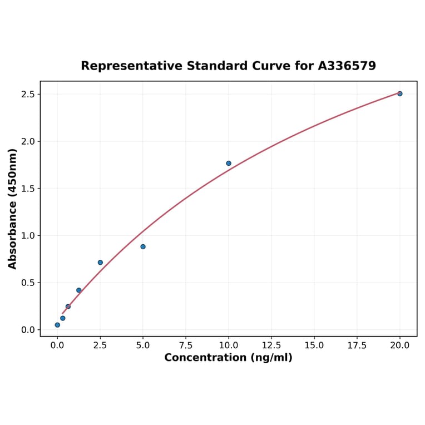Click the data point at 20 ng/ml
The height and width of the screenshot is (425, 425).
pos(399,93)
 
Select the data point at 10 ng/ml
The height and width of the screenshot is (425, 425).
pos(229,163)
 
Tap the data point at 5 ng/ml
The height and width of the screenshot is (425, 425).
pos(143,246)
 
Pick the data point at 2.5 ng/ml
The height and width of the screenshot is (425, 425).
pos(100,263)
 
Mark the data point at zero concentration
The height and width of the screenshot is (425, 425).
pos(57,325)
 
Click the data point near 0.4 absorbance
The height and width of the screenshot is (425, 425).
pos(79,290)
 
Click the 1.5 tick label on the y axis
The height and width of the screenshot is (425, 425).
pos(28,189)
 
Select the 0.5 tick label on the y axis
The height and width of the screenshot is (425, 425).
pos(28,283)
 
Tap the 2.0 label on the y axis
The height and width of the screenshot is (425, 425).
pos(28,141)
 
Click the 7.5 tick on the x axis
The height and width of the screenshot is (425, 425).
pos(186,345)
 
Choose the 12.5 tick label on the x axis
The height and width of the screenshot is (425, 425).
pos(271,345)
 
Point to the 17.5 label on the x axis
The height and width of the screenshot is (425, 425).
pos(357,345)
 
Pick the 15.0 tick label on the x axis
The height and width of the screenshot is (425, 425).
pos(314,345)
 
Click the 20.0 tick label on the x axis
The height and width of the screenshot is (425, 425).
pos(400,345)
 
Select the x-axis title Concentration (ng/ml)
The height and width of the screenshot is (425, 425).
pos(228,358)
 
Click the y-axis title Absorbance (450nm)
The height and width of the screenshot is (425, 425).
pos(13,209)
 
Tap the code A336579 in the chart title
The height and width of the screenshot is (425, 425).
pos(347,66)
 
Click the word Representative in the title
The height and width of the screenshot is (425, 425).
pos(131,66)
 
